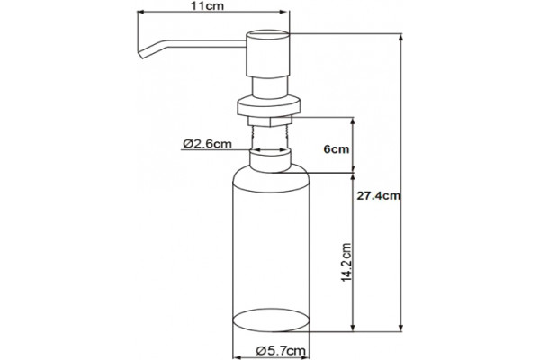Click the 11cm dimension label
(x=208, y=6)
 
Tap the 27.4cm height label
(x=379, y=196)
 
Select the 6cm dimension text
(x=336, y=149)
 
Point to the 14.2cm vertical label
(x=346, y=263)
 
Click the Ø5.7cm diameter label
(x=281, y=351)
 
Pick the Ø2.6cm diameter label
(x=207, y=143)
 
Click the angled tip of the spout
(x=140, y=54)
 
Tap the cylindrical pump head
(x=268, y=54)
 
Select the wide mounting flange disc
(x=269, y=106)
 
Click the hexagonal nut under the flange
(x=270, y=121)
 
